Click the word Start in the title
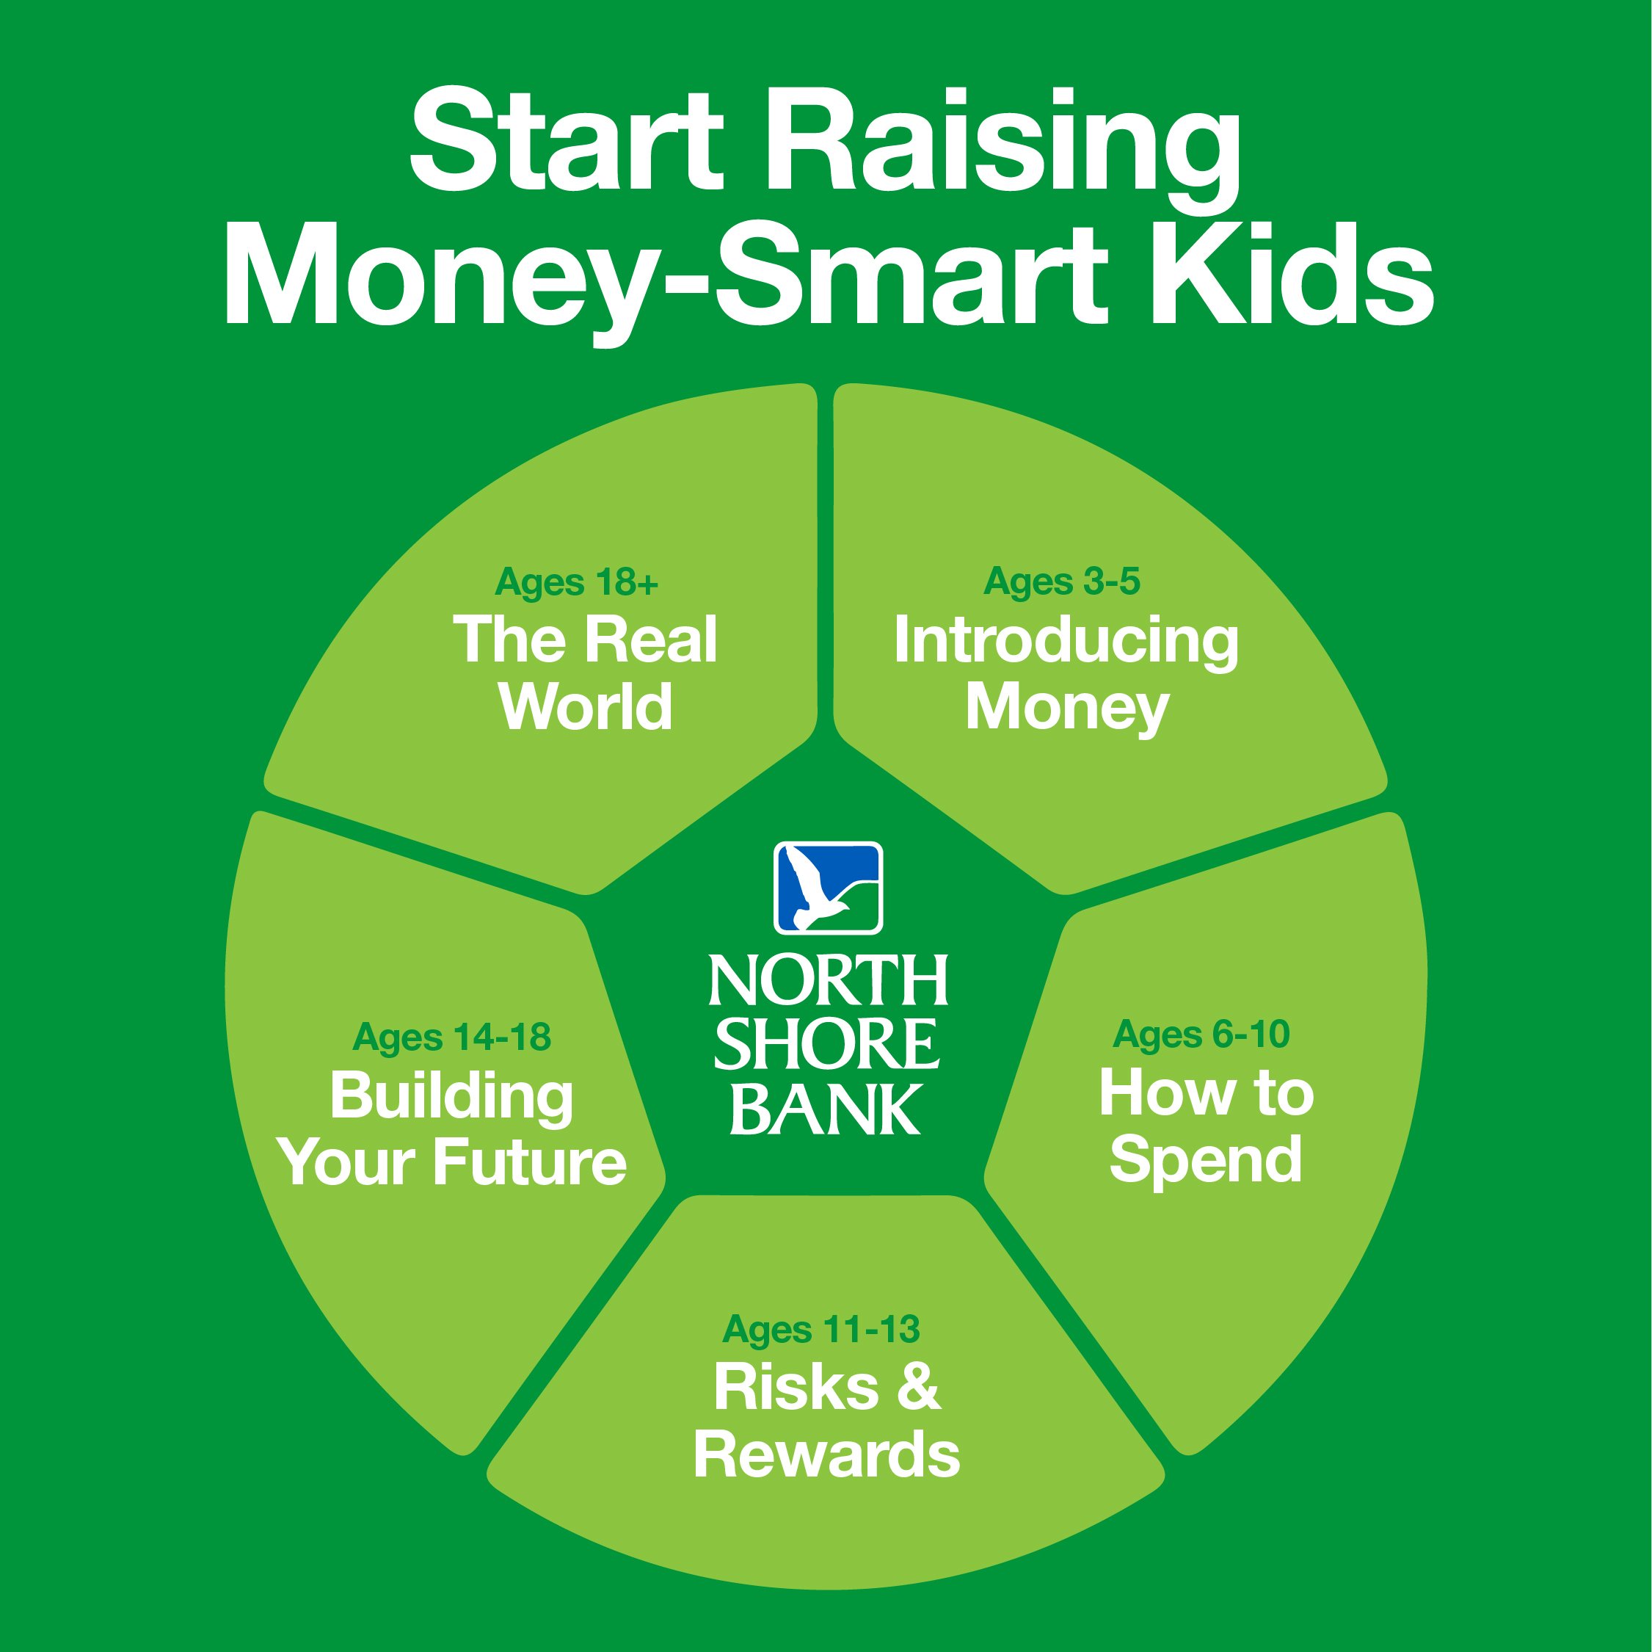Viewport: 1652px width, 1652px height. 566,141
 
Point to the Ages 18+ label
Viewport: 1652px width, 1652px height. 576,583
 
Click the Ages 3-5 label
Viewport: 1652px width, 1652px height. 1062,582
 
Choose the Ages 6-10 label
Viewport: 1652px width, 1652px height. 1201,1035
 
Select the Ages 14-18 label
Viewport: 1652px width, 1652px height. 451,1037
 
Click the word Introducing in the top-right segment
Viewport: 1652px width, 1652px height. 1066,642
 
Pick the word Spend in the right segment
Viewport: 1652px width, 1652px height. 1206,1162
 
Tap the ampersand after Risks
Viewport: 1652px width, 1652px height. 919,1387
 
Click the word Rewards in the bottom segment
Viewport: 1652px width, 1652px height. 826,1454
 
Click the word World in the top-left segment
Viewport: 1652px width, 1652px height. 586,706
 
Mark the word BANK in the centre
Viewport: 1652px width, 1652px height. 825,1109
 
